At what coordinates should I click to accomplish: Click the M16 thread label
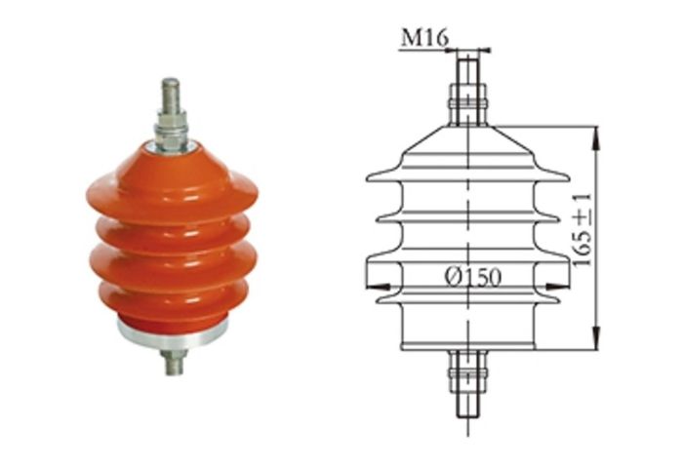pos(422,38)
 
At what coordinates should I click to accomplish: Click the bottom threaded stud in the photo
pos(172,363)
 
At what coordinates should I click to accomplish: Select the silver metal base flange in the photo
pos(172,337)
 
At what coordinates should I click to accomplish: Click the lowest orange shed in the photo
pos(172,297)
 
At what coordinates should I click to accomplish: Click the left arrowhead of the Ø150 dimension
pos(373,286)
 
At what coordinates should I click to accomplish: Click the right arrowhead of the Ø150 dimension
pos(565,286)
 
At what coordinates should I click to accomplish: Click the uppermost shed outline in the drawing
pos(468,174)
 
